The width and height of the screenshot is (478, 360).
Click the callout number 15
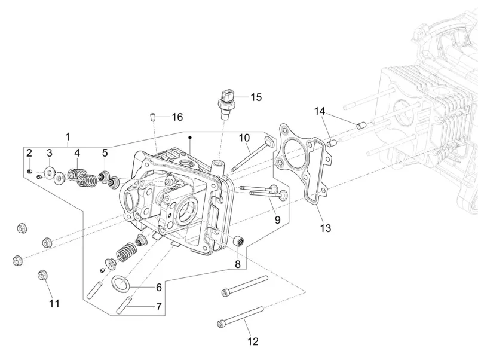pyautogui.click(x=256, y=97)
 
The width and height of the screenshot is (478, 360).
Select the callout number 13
pyautogui.click(x=325, y=228)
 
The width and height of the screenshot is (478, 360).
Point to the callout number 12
pyautogui.click(x=253, y=341)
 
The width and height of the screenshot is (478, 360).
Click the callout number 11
pyautogui.click(x=54, y=303)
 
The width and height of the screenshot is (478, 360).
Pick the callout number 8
pyautogui.click(x=237, y=264)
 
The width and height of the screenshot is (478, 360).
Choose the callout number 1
pyautogui.click(x=68, y=136)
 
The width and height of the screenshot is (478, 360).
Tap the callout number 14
pyautogui.click(x=320, y=111)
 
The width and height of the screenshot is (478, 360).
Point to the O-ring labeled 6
pyautogui.click(x=122, y=282)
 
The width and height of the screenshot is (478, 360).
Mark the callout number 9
pyautogui.click(x=277, y=219)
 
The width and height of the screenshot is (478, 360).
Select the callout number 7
pyautogui.click(x=158, y=306)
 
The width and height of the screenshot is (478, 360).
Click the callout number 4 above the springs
pyautogui.click(x=77, y=153)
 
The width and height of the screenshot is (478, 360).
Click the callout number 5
pyautogui.click(x=105, y=153)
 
